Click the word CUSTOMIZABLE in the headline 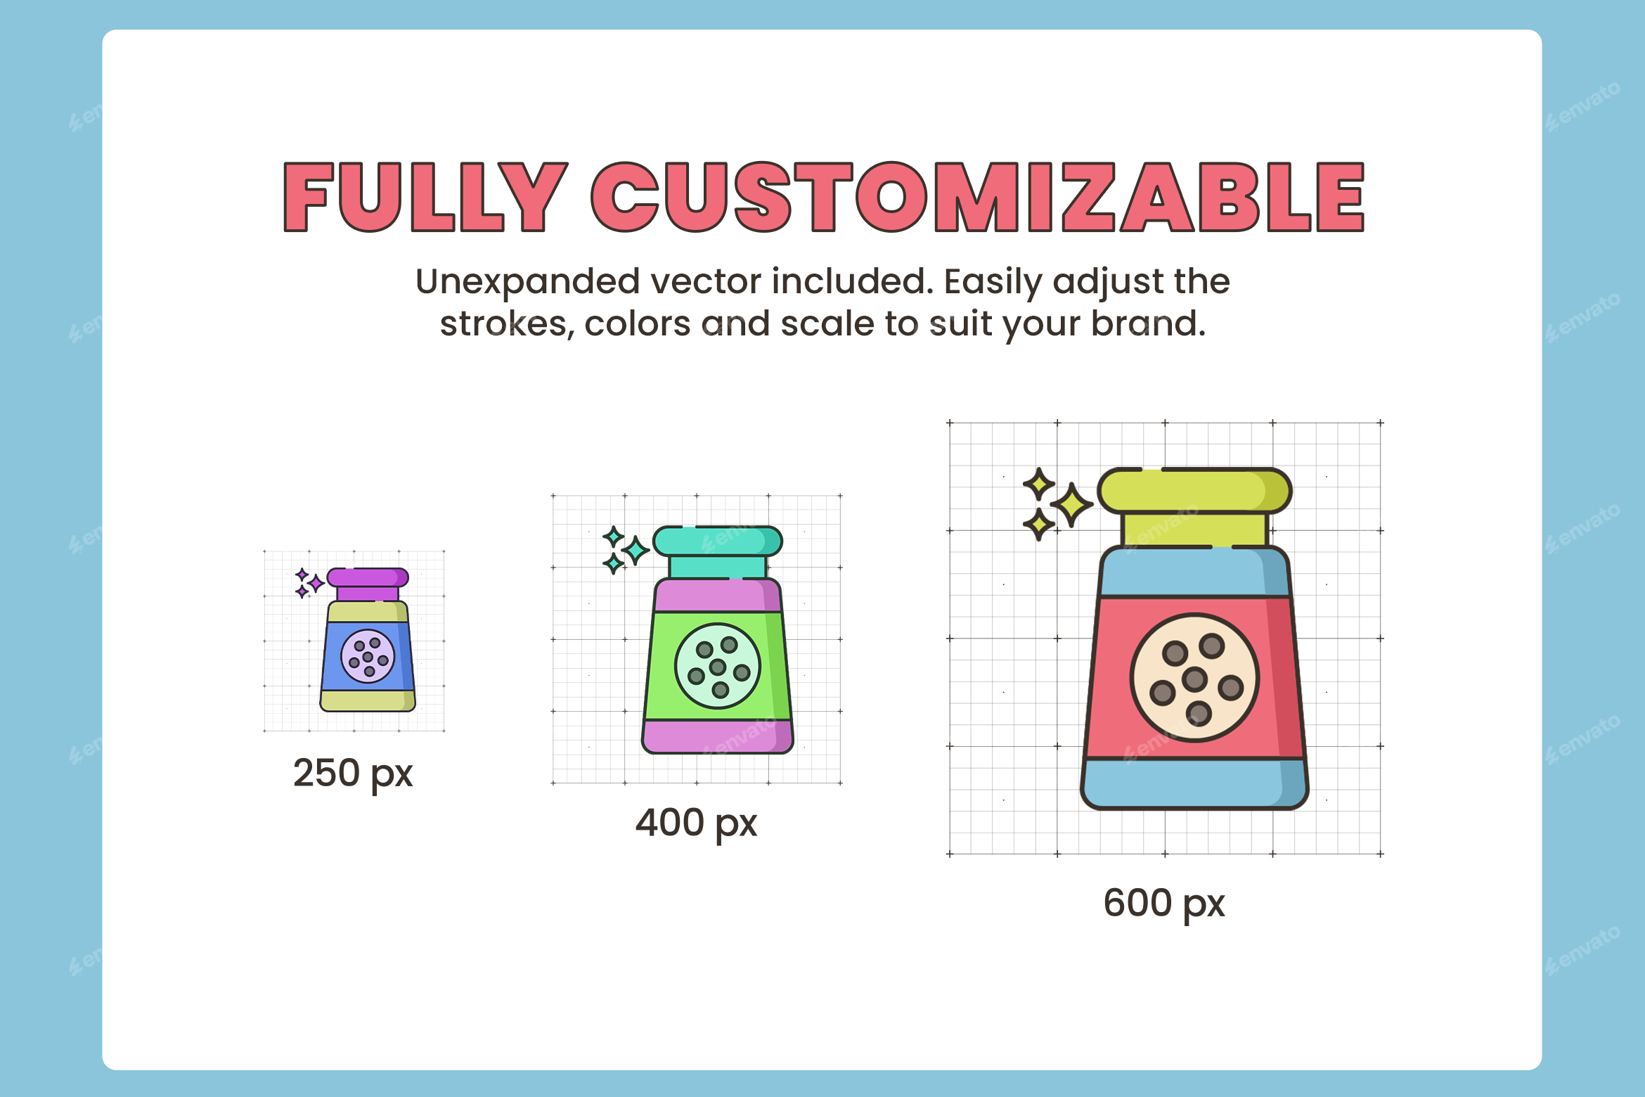click(977, 197)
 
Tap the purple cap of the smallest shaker click(367, 578)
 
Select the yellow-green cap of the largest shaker click(1194, 491)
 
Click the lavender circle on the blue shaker click(368, 656)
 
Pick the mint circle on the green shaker click(718, 666)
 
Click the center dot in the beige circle click(1194, 679)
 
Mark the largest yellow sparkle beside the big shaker click(1071, 504)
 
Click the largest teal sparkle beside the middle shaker click(636, 550)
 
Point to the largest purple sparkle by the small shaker click(316, 582)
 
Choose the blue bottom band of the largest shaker click(1194, 783)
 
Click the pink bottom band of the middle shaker click(717, 736)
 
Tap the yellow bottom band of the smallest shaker click(367, 700)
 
